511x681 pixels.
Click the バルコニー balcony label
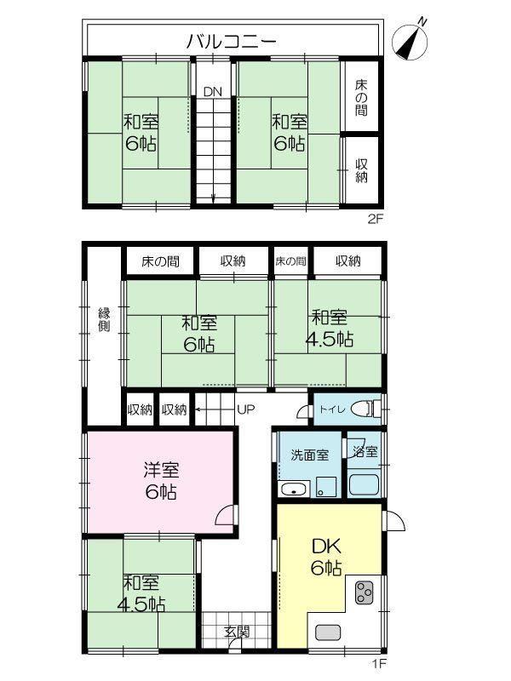232,41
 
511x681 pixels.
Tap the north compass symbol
411,40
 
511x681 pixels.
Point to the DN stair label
212,92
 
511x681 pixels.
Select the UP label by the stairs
246,409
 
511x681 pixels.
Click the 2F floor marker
376,220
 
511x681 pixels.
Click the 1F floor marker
378,663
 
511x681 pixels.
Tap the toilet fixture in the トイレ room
365,409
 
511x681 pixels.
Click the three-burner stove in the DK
365,592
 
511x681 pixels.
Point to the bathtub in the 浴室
364,485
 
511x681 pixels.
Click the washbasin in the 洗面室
294,489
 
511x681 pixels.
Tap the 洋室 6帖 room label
161,481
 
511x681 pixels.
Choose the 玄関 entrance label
237,632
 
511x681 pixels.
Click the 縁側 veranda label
104,320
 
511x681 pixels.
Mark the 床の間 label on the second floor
361,98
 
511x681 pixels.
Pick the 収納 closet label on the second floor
361,171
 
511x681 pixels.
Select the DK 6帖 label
326,558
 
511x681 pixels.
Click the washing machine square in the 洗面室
327,487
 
